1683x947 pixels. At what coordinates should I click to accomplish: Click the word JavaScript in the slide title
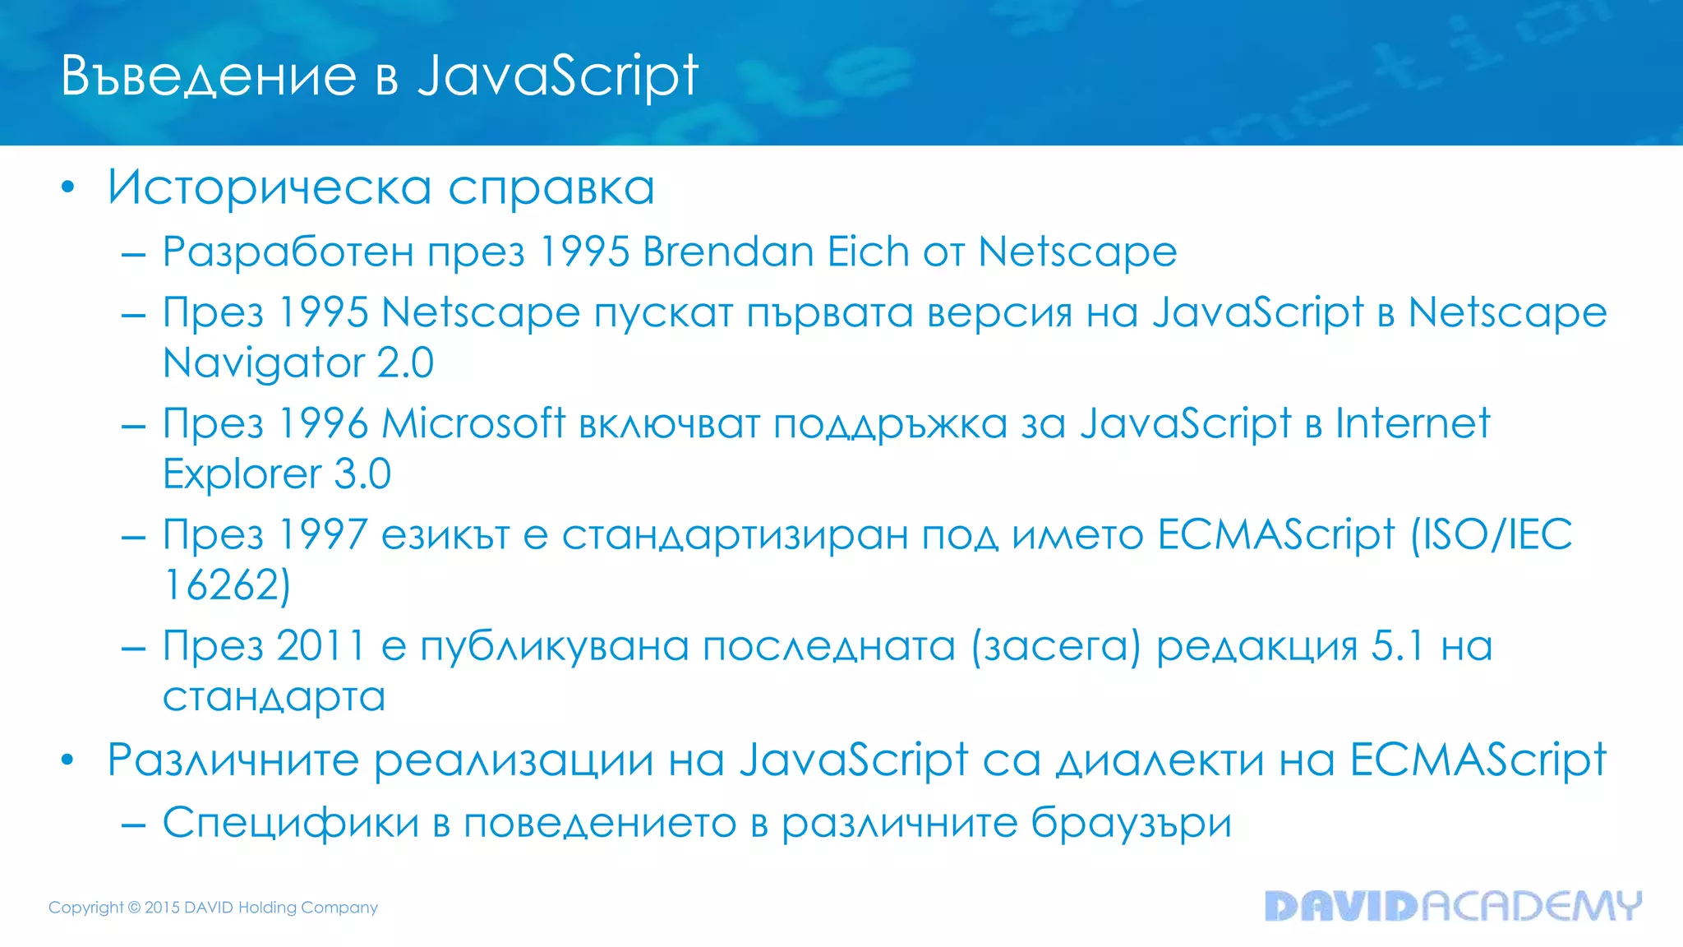558,76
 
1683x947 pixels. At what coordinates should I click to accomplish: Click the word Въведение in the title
209,76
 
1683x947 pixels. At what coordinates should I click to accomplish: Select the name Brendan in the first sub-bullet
728,252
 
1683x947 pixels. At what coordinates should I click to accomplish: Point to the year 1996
323,424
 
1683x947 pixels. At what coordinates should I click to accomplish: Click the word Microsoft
473,424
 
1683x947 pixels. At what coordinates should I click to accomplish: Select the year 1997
323,535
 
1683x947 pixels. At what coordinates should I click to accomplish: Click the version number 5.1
1397,646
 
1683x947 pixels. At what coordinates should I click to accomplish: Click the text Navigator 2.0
298,363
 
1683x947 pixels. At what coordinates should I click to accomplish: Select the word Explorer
242,474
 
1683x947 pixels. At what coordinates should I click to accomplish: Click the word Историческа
270,187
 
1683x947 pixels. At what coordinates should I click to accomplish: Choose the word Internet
1412,424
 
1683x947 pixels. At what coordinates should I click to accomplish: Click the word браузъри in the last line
1131,823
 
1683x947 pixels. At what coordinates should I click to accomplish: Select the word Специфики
291,823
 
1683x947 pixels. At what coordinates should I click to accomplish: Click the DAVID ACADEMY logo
1453,906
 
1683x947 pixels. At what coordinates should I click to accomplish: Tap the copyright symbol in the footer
134,908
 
